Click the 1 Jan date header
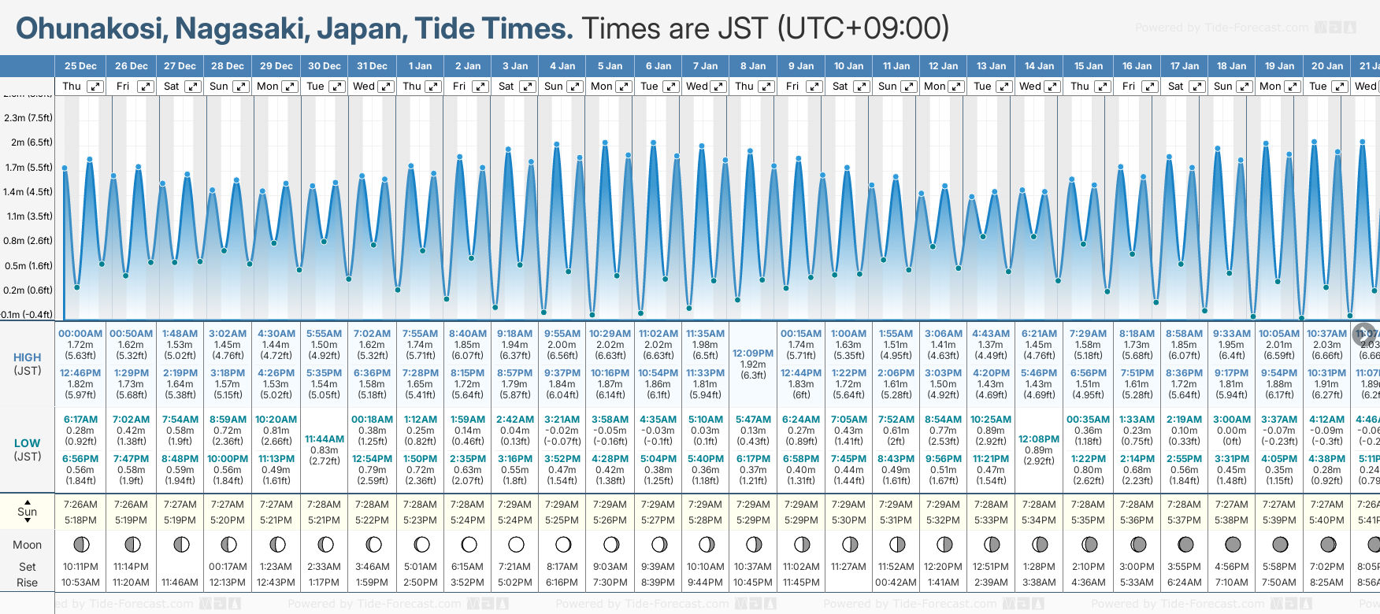pyautogui.click(x=420, y=66)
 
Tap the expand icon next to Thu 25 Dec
pyautogui.click(x=95, y=87)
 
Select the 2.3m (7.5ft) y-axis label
pyautogui.click(x=28, y=118)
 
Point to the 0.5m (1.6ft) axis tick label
pyautogui.click(x=28, y=266)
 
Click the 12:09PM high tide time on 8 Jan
pyautogui.click(x=753, y=353)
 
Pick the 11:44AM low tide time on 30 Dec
pyautogui.click(x=324, y=439)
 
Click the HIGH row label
pyautogui.click(x=28, y=357)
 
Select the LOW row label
pyautogui.click(x=28, y=443)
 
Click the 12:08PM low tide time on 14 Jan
pyautogui.click(x=1039, y=439)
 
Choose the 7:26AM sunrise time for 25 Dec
pyautogui.click(x=80, y=505)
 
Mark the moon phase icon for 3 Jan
pyautogui.click(x=516, y=544)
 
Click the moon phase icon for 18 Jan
pyautogui.click(x=1233, y=544)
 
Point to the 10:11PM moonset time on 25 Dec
pyautogui.click(x=80, y=567)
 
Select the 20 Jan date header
pyautogui.click(x=1327, y=66)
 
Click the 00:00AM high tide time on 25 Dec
pyautogui.click(x=80, y=334)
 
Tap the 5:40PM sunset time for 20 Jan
pyautogui.click(x=1327, y=520)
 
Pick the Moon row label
pyautogui.click(x=28, y=545)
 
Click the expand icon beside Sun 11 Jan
pyautogui.click(x=908, y=87)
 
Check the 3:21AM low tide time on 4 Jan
pyautogui.click(x=562, y=420)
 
